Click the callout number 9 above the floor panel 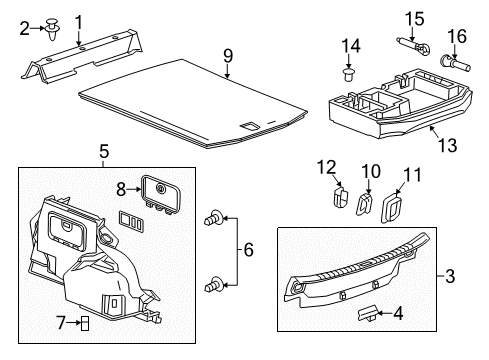point(227,55)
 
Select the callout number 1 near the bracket point(78,20)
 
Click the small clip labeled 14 point(349,73)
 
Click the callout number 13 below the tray point(447,145)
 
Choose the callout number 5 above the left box point(103,152)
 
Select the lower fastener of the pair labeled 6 point(212,285)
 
